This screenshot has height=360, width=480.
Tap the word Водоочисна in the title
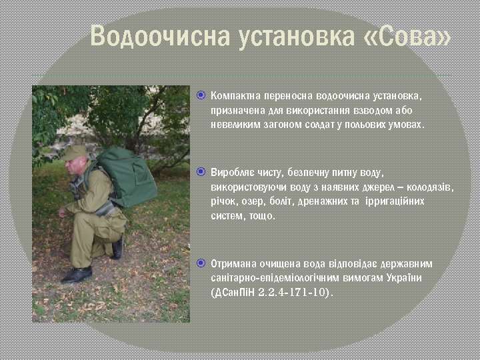pyautogui.click(x=159, y=38)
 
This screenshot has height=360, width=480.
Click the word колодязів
pyautogui.click(x=429, y=187)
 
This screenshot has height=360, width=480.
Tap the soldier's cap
pyautogui.click(x=74, y=153)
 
